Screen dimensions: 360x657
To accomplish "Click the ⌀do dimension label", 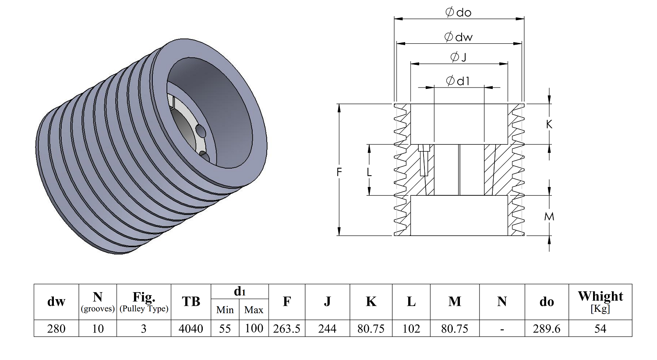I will pos(458,12).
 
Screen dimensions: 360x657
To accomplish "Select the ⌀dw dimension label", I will pos(458,37).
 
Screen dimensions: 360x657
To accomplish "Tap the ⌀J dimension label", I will pos(458,57).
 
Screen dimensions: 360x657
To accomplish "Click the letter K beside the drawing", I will pos(549,124).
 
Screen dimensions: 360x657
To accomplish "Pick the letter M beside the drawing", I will pos(549,216).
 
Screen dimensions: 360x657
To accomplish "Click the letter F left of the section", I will pos(339,173).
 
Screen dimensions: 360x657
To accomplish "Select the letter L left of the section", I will pos(369,173).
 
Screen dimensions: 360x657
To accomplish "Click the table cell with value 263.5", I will pos(286,329).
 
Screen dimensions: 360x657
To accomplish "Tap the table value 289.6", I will pos(546,329).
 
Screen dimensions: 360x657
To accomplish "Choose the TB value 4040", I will pos(191,329).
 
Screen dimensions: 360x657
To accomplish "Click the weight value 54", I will pos(600,329).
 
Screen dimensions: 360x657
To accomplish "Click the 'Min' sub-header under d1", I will pos(225,310).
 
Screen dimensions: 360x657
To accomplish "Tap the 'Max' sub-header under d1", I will pos(254,310).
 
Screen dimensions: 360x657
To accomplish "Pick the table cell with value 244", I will pos(327,329).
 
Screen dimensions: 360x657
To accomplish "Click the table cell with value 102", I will pos(411,329).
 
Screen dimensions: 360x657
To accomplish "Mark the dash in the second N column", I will pos(502,329).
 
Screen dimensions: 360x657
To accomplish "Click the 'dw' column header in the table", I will pos(56,302).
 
